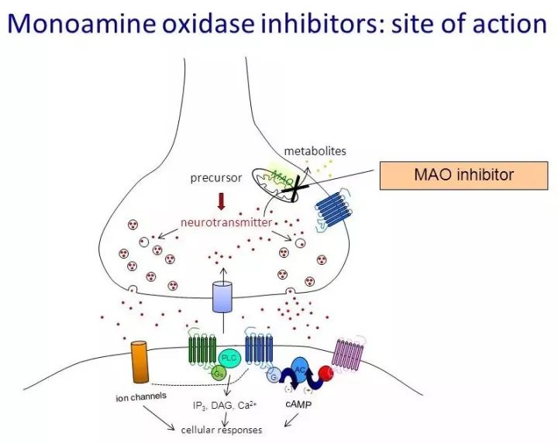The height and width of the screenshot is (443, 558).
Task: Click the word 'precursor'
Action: tap(216, 177)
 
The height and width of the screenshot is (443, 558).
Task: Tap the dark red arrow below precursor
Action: tap(222, 201)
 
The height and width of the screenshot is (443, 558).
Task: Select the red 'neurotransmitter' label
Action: tap(226, 222)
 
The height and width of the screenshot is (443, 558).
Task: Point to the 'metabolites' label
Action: tap(315, 150)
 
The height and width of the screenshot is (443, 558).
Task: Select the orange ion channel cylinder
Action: tap(140, 361)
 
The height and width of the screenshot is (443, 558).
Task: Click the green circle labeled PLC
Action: tap(229, 359)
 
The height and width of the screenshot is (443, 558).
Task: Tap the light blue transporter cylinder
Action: tap(222, 297)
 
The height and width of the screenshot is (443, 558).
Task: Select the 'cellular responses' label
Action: tap(221, 429)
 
